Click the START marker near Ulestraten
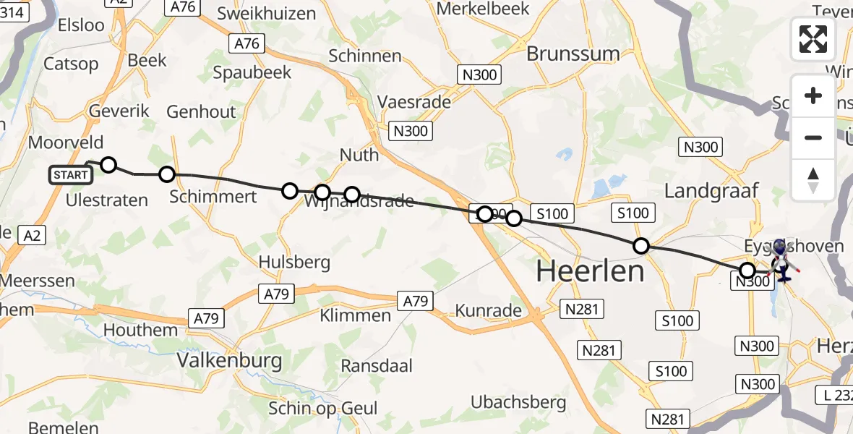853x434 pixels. (x=71, y=175)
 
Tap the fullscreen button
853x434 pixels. (x=813, y=39)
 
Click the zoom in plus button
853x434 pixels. (x=813, y=95)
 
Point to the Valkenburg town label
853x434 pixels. (x=230, y=360)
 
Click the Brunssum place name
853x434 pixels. (x=573, y=54)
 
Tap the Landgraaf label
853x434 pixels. (x=711, y=191)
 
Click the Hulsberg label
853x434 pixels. (x=294, y=262)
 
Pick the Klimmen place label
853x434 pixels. (x=356, y=315)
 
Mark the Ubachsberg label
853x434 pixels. (x=518, y=401)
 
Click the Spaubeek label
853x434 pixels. (x=252, y=72)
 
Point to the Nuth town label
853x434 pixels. (x=359, y=155)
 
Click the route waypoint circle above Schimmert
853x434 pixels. (x=167, y=174)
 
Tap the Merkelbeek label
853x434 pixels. (x=494, y=9)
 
